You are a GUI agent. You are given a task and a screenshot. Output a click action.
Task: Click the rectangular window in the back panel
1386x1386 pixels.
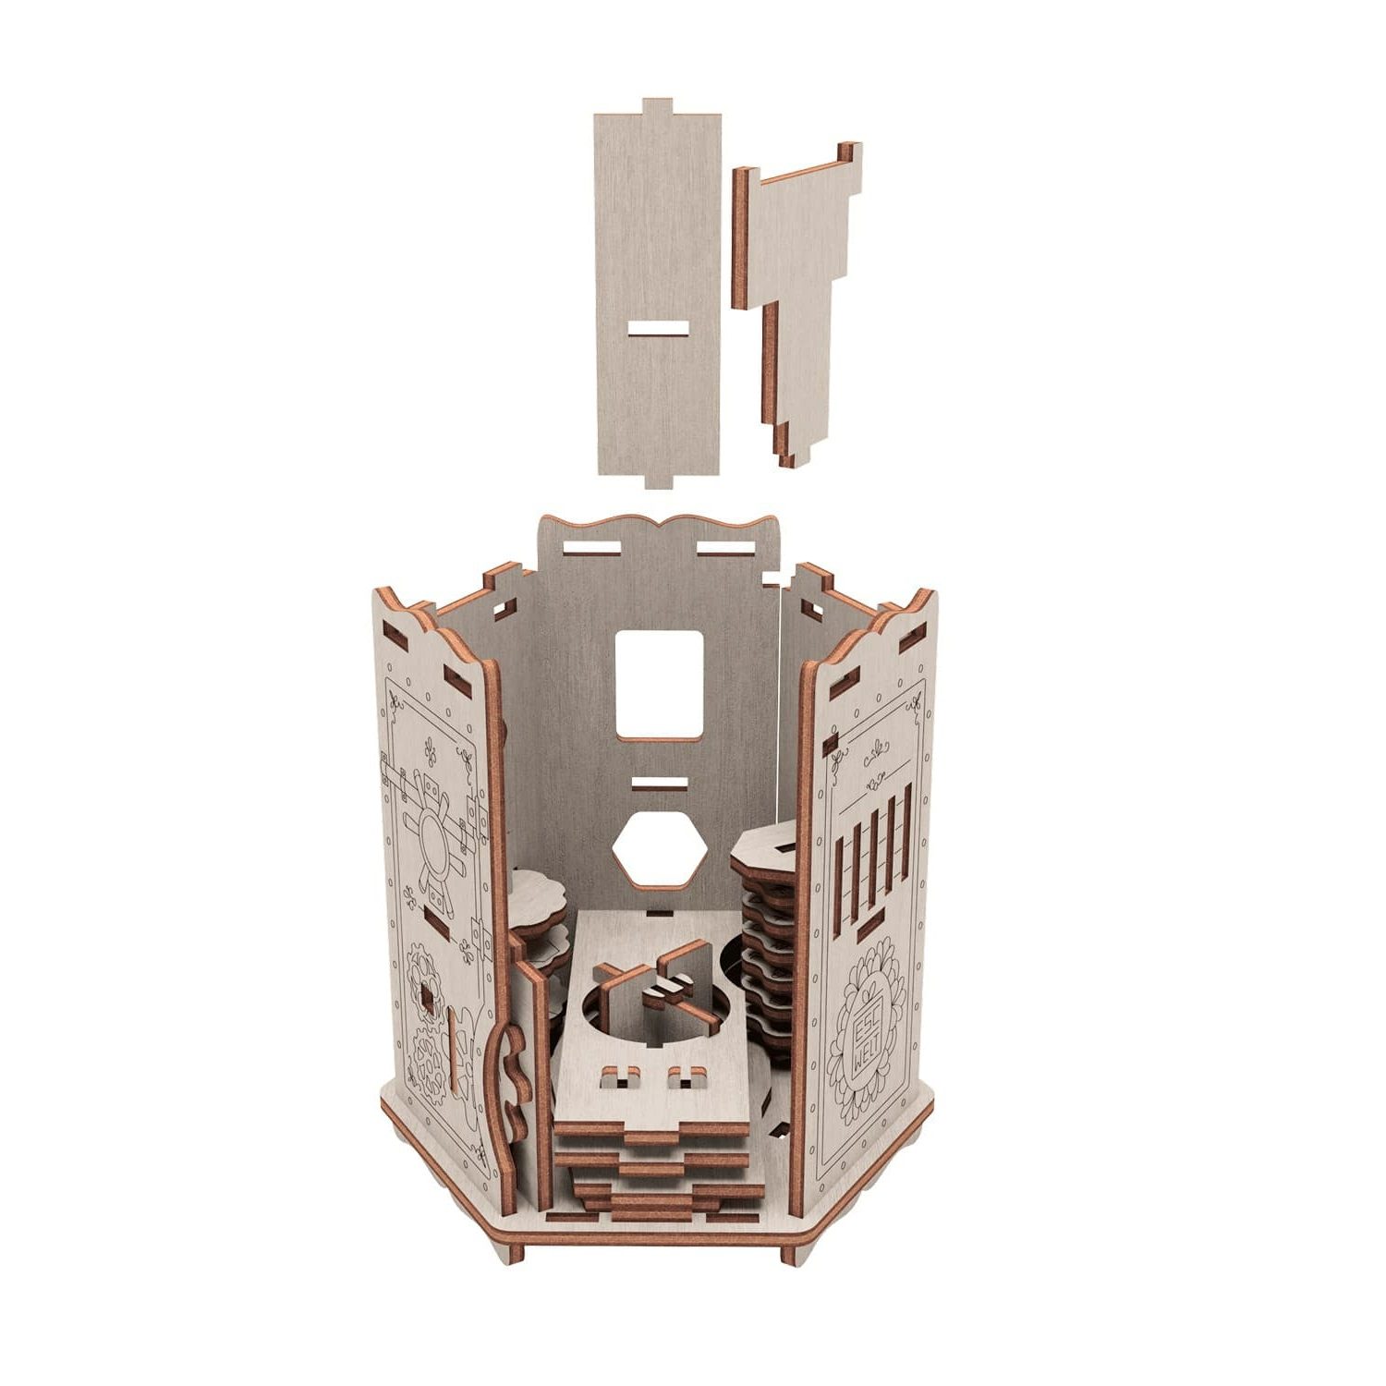click(x=659, y=686)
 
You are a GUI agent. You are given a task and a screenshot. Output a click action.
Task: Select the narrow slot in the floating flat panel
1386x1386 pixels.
click(x=658, y=328)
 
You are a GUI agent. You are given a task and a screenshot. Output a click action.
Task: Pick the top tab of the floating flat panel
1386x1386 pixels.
click(x=657, y=106)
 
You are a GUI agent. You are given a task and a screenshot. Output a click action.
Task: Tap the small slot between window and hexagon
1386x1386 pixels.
click(x=660, y=784)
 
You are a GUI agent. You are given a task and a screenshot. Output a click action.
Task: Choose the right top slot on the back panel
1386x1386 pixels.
click(x=726, y=549)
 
